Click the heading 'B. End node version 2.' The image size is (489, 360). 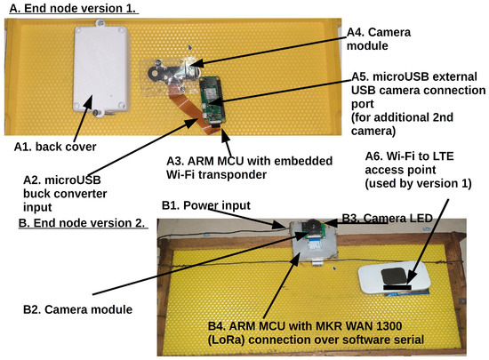(x=82, y=222)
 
